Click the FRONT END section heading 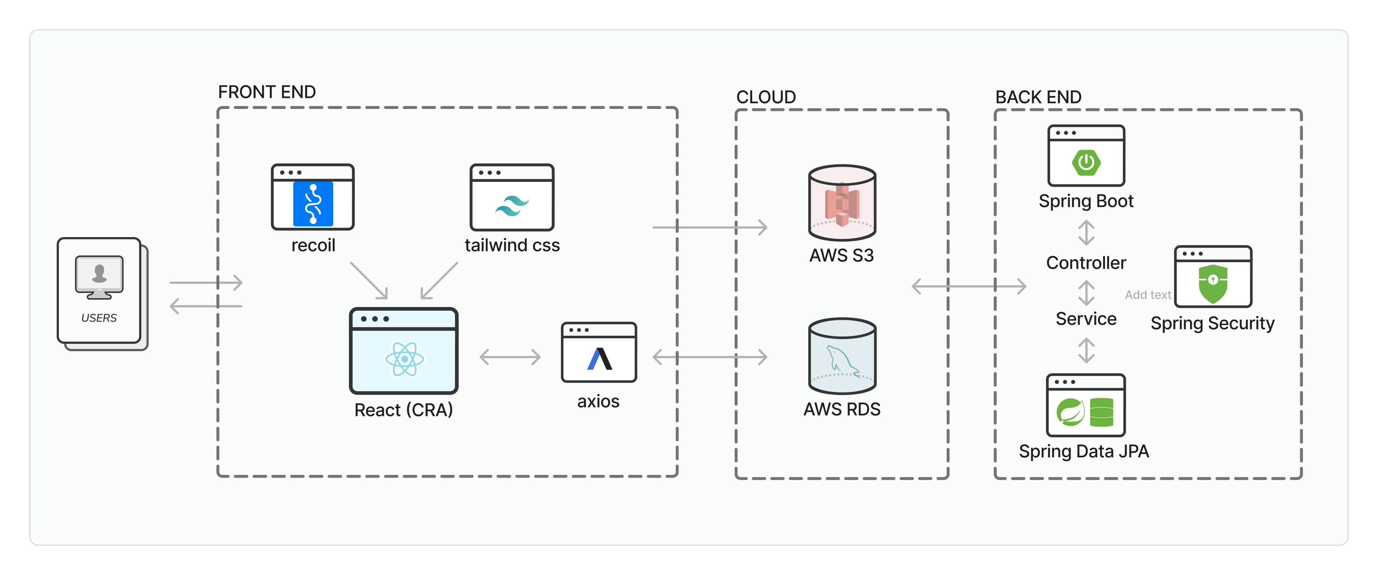[266, 92]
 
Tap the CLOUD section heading [766, 97]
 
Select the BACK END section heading [1038, 97]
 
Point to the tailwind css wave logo [512, 205]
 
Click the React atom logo [404, 359]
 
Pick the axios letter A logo [599, 359]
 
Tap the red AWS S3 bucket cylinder [842, 203]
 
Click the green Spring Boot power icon [1086, 162]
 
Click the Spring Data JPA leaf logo [1070, 412]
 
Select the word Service [1086, 319]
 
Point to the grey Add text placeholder [1148, 295]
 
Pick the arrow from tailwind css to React [439, 280]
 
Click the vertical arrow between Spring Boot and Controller [1086, 233]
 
